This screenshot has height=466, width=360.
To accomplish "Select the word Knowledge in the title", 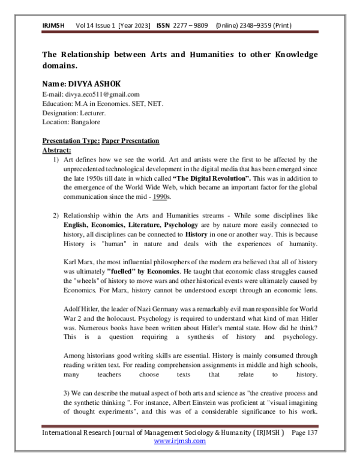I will pyautogui.click(x=289, y=55).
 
